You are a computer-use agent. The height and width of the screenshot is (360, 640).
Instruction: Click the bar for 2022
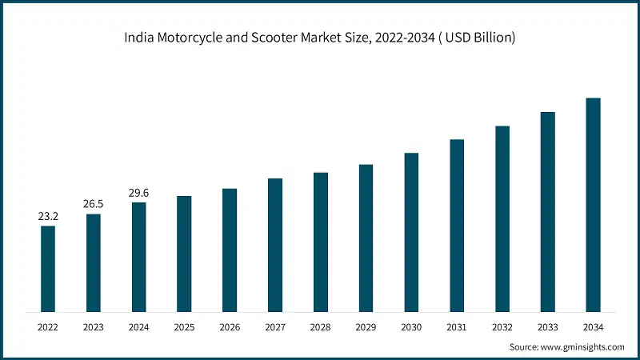pyautogui.click(x=48, y=269)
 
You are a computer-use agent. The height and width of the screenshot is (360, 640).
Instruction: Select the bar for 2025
pyautogui.click(x=184, y=254)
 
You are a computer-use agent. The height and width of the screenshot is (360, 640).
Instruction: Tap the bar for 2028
pyautogui.click(x=321, y=242)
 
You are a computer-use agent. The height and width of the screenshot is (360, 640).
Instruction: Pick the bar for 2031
pyautogui.click(x=457, y=226)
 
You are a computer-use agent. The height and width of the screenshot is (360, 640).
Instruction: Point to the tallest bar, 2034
pyautogui.click(x=593, y=205)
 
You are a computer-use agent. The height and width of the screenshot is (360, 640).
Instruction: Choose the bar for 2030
pyautogui.click(x=411, y=232)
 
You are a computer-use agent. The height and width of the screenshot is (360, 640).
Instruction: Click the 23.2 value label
pyautogui.click(x=48, y=216)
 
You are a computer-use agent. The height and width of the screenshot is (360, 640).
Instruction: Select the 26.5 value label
pyautogui.click(x=94, y=204)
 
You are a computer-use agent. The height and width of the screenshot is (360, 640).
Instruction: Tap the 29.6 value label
pyautogui.click(x=139, y=192)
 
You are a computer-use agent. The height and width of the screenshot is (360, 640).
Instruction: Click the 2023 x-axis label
pyautogui.click(x=94, y=327)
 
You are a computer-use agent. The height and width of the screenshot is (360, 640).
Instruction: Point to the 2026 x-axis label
pyautogui.click(x=230, y=327)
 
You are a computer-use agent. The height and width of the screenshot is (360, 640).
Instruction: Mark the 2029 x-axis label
pyautogui.click(x=366, y=327)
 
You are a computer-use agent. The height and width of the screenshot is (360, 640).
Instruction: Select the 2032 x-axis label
pyautogui.click(x=502, y=327)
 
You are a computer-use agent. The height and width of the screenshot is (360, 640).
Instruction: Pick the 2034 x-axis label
pyautogui.click(x=593, y=327)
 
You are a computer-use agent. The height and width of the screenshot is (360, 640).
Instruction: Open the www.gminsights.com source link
pyautogui.click(x=581, y=347)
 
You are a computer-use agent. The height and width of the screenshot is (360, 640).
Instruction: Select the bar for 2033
pyautogui.click(x=547, y=212)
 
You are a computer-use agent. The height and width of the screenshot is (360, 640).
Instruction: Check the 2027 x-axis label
pyautogui.click(x=275, y=327)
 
